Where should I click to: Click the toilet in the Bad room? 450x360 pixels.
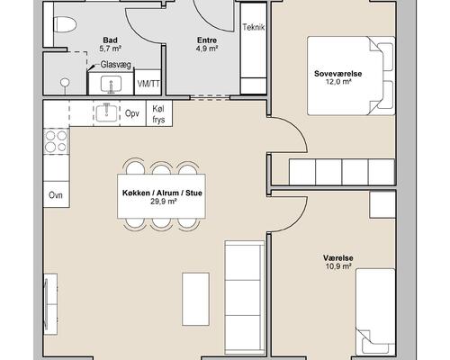tap(65, 24)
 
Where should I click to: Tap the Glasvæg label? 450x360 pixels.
tap(116, 65)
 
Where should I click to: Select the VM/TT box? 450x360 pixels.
tap(148, 83)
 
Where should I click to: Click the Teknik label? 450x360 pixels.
tap(254, 27)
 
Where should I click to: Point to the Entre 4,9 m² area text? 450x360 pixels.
tap(207, 44)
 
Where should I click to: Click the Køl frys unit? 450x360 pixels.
tap(159, 113)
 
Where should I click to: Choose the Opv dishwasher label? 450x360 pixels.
tap(132, 113)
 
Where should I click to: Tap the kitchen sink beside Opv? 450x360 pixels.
tap(106, 112)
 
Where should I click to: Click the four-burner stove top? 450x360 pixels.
tap(56, 141)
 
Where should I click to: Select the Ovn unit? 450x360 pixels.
tap(57, 194)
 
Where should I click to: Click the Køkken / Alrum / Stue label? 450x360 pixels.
tap(162, 193)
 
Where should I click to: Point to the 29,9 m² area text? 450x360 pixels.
tap(163, 202)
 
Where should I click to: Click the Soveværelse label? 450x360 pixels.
tap(338, 74)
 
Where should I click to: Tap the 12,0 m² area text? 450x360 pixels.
tap(338, 82)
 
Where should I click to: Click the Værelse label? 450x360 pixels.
tap(338, 257)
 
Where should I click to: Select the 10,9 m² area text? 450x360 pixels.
tap(338, 265)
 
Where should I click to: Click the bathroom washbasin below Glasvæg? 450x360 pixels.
tap(111, 84)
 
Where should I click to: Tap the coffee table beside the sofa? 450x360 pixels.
tap(195, 299)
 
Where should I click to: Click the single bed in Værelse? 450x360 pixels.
tap(375, 311)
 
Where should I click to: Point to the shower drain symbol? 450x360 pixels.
tap(65, 82)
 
